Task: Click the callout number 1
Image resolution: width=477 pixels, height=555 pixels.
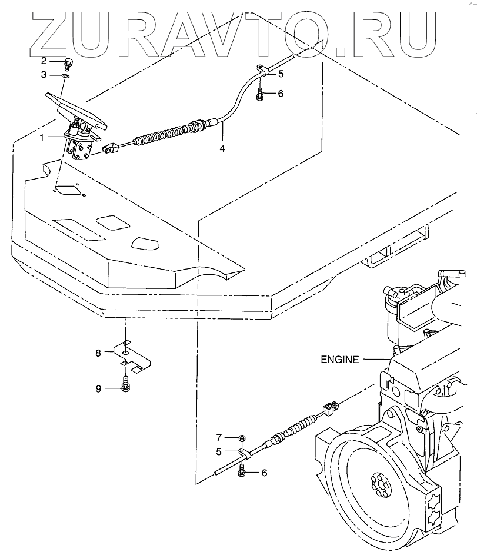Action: (42, 137)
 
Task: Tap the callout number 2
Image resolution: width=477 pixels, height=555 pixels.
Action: (44, 61)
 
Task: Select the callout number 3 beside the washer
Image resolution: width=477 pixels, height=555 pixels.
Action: (44, 75)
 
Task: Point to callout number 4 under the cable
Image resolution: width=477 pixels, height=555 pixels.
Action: (222, 148)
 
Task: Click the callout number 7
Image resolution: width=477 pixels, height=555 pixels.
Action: (218, 437)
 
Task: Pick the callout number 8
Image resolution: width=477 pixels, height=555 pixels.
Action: (99, 353)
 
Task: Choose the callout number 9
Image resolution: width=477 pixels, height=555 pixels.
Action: (99, 388)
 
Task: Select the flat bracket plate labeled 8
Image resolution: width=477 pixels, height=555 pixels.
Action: (132, 357)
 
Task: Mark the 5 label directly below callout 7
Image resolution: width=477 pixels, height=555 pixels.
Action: (218, 451)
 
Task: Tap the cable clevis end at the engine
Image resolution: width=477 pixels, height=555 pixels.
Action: (331, 407)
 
